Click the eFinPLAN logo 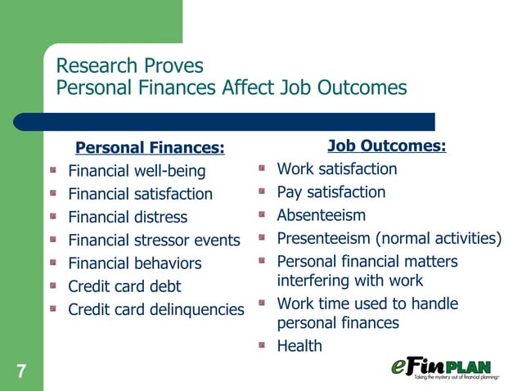click(x=452, y=368)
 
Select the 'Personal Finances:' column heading click(x=149, y=148)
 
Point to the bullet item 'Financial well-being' click(x=137, y=172)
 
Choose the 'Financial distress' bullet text click(x=128, y=218)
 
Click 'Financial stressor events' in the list click(x=154, y=240)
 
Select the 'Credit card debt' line click(x=124, y=286)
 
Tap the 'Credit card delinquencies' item click(x=156, y=309)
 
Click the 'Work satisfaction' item click(x=337, y=169)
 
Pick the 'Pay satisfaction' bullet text click(x=331, y=192)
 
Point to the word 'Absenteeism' click(x=322, y=215)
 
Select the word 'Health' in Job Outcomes click(x=299, y=346)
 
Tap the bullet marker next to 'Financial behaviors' click(x=52, y=263)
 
